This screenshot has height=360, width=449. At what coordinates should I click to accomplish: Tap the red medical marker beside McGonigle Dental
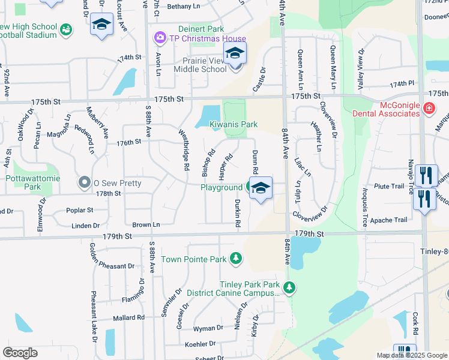429,108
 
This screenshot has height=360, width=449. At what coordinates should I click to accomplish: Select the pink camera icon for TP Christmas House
160,38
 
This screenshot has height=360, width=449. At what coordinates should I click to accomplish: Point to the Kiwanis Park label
234,124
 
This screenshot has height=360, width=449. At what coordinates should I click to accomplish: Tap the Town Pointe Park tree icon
237,259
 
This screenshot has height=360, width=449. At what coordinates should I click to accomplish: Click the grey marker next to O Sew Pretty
84,182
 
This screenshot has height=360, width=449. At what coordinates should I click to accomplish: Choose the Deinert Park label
200,29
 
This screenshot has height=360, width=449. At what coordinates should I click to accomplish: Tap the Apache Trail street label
389,220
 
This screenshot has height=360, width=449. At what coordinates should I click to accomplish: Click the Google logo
20,353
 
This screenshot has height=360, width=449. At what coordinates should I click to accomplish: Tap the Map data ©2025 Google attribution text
411,355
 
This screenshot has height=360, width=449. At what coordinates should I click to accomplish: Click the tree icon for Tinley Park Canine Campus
289,288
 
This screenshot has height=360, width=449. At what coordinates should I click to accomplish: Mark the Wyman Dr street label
208,329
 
